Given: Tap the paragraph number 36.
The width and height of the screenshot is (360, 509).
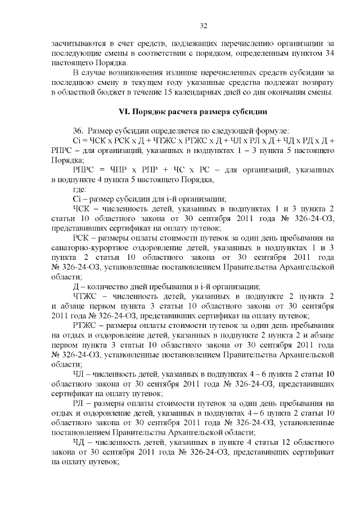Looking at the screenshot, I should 78,131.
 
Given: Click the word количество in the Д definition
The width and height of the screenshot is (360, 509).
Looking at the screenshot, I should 111,286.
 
